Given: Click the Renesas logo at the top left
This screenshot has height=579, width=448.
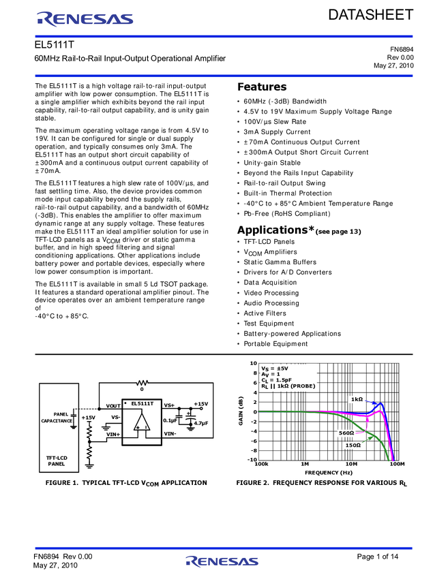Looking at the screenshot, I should click(x=85, y=19).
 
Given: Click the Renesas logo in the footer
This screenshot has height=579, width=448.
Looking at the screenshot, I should click(x=222, y=561).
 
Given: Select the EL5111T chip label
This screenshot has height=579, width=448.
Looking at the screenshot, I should click(x=143, y=403).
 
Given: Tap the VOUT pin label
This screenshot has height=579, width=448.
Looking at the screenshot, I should click(x=113, y=406).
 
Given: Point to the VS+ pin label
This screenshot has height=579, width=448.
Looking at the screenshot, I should click(x=169, y=405).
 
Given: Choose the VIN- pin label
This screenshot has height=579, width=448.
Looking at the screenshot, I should click(x=170, y=433).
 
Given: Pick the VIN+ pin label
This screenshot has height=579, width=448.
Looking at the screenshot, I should click(x=113, y=434).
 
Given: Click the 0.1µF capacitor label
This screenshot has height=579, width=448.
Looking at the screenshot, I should click(x=170, y=420).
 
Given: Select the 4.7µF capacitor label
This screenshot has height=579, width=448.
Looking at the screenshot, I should click(x=200, y=423).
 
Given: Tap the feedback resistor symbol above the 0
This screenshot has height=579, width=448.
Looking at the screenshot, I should click(x=142, y=382).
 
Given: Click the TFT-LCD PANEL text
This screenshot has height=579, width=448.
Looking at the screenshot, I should click(x=56, y=461).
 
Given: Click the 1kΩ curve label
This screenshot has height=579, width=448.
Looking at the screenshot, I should click(x=357, y=399).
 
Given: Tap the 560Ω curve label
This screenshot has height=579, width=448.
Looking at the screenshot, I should click(x=346, y=433).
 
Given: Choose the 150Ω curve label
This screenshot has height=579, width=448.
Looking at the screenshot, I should click(x=353, y=445).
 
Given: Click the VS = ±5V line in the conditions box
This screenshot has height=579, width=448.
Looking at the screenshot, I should click(x=275, y=368).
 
